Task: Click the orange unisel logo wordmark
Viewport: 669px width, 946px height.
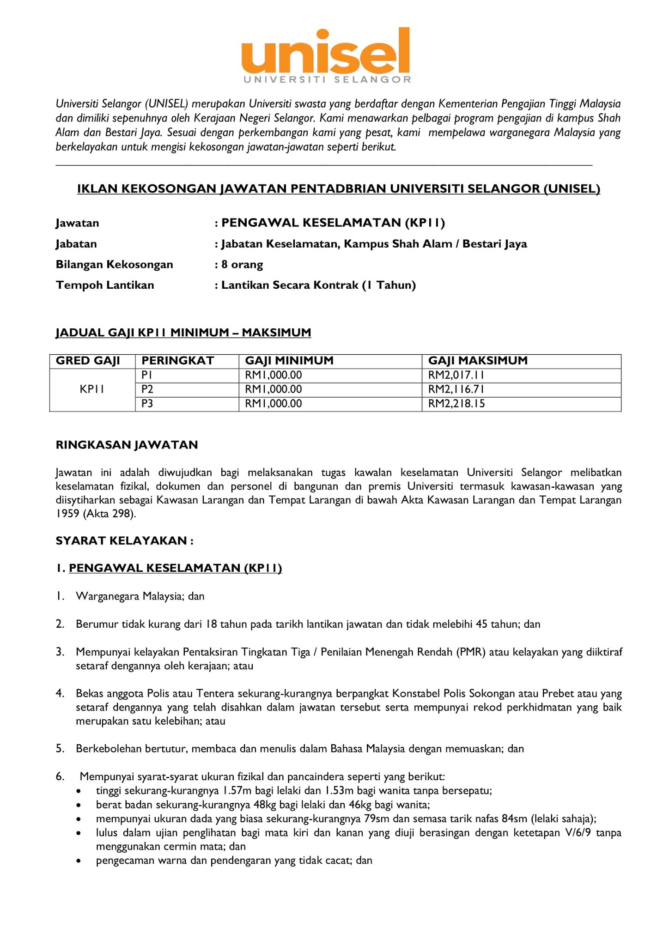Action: (326, 52)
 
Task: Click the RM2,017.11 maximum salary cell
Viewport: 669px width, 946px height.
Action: (456, 375)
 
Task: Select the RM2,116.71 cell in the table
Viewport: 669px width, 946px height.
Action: (456, 389)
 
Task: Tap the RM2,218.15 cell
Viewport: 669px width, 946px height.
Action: (456, 404)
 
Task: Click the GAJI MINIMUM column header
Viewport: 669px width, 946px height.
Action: (289, 361)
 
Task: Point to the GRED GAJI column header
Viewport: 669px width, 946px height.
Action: (88, 361)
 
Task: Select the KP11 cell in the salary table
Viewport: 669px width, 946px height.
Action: (91, 389)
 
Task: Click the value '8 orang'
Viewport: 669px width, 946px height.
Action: (242, 265)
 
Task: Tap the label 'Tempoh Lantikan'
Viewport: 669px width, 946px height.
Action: (105, 285)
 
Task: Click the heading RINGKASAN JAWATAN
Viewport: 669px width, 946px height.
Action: (127, 445)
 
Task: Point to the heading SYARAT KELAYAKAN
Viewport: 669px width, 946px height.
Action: (124, 540)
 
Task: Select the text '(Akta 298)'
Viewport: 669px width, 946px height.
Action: (109, 514)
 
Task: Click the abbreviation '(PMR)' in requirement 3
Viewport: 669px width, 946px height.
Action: (471, 652)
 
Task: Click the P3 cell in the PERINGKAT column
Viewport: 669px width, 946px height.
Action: (147, 404)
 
